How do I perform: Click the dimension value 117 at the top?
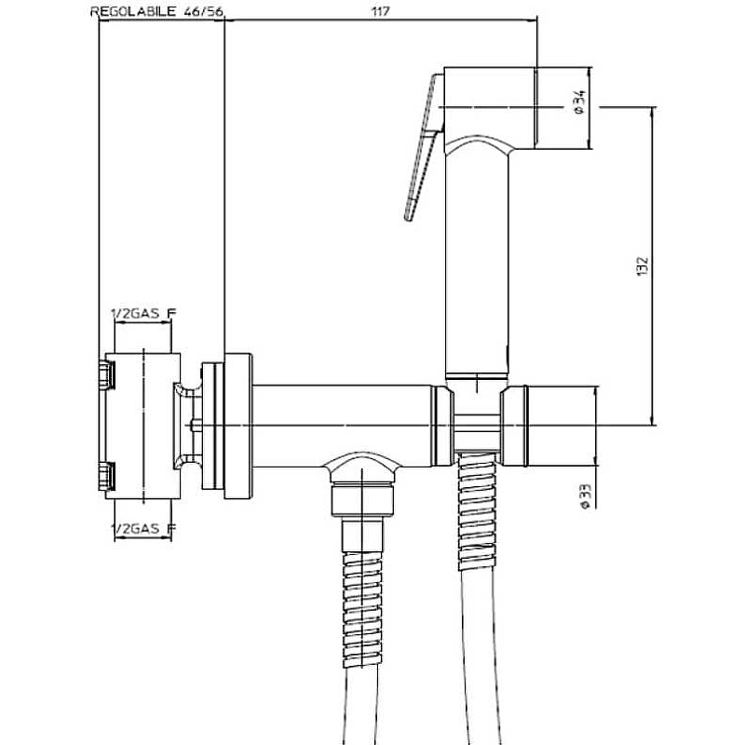tap(380, 11)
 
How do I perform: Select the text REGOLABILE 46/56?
tap(156, 12)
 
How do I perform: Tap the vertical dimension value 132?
tap(642, 266)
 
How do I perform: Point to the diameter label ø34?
tap(579, 102)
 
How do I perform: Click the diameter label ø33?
tap(586, 496)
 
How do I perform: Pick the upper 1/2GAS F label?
tap(143, 314)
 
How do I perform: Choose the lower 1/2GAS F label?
tap(143, 528)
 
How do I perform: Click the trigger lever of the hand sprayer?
tap(423, 147)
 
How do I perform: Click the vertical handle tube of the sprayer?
tap(477, 262)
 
